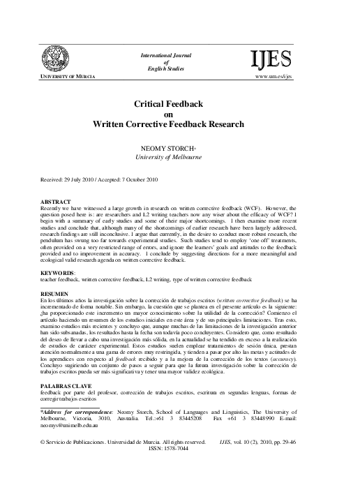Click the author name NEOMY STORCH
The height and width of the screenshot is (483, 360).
pyautogui.click(x=179, y=149)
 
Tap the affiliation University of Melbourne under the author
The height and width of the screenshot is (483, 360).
pyautogui.click(x=179, y=158)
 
